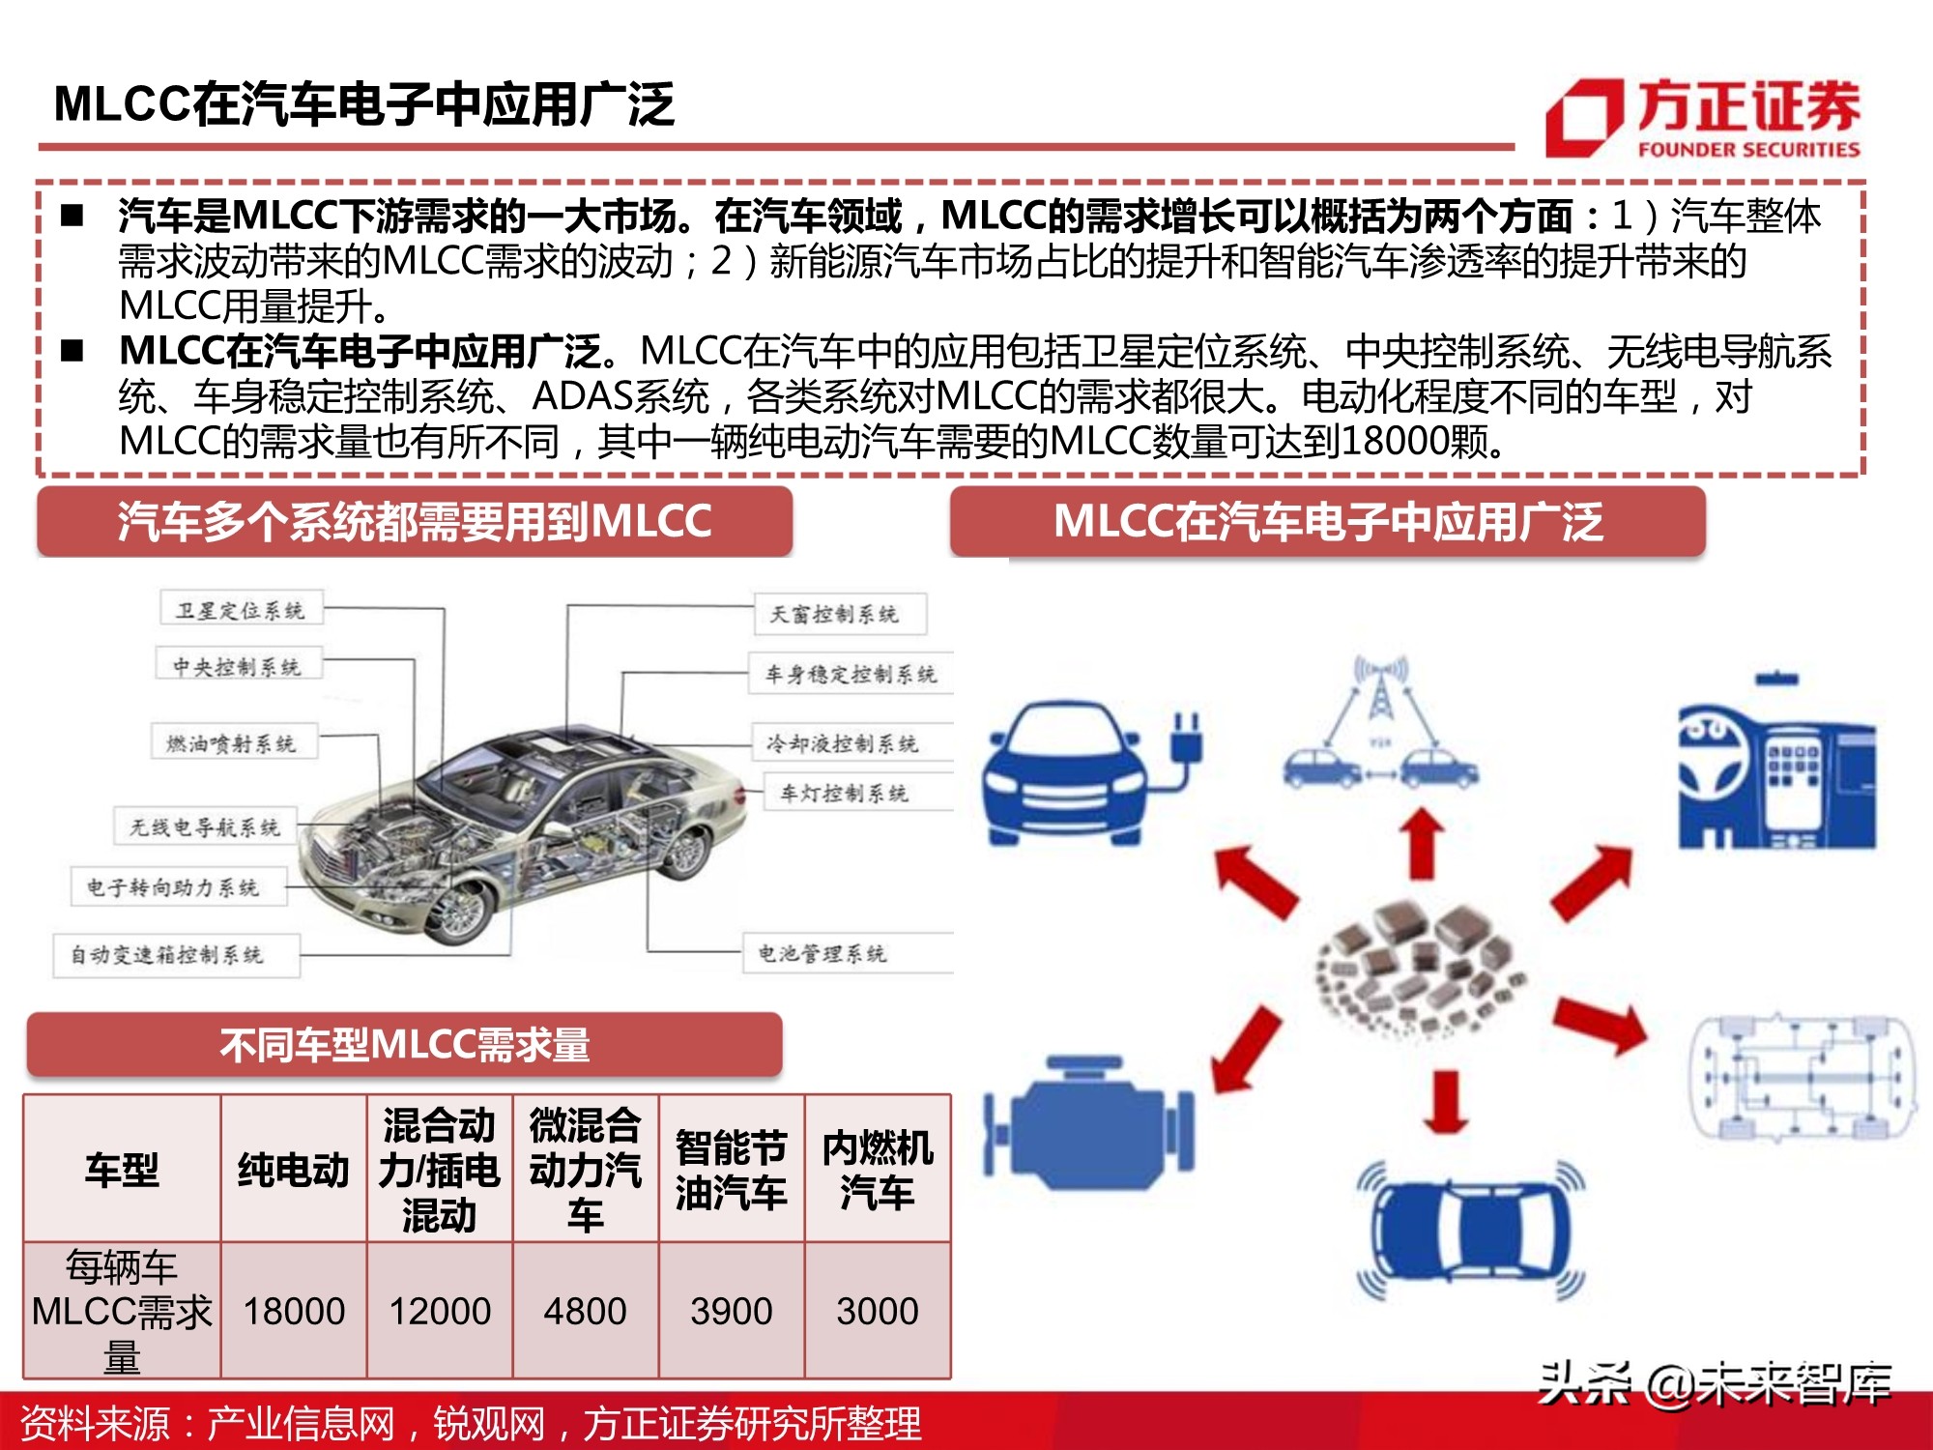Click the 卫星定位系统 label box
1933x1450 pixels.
tap(241, 610)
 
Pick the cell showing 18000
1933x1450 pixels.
tap(294, 1311)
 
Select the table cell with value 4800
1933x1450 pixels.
tap(585, 1311)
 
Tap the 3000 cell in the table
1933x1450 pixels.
tap(877, 1311)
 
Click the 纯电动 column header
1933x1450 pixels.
tap(294, 1170)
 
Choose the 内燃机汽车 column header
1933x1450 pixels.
tap(877, 1170)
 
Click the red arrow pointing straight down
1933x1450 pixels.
tap(1446, 1102)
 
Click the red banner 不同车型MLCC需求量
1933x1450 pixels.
tap(405, 1045)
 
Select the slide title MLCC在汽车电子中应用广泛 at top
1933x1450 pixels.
tap(364, 103)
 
